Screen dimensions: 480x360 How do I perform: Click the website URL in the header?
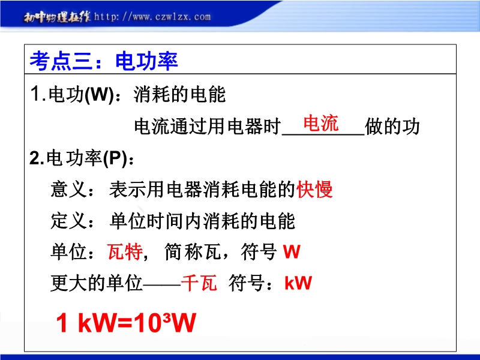pyautogui.click(x=152, y=16)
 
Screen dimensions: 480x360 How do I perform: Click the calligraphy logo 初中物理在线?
pyautogui.click(x=57, y=17)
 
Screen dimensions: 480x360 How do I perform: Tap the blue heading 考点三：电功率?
pyautogui.click(x=104, y=61)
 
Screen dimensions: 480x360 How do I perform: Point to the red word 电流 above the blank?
pyautogui.click(x=321, y=124)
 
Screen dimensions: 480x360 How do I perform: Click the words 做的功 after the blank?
pyautogui.click(x=392, y=127)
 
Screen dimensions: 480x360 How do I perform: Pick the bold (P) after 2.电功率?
pyautogui.click(x=115, y=158)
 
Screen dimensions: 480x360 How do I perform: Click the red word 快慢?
pyautogui.click(x=314, y=189)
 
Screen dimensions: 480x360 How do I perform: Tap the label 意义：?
pyautogui.click(x=72, y=189)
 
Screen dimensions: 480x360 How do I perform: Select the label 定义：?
pyautogui.click(x=72, y=221)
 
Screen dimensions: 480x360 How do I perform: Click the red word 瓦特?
pyautogui.click(x=125, y=251)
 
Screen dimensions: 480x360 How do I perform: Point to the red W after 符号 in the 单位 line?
pyautogui.click(x=292, y=251)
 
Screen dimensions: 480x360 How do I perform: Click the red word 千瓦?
pyautogui.click(x=199, y=283)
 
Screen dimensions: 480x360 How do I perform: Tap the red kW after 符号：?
pyautogui.click(x=298, y=283)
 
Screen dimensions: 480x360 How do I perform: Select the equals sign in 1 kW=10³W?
pyautogui.click(x=124, y=323)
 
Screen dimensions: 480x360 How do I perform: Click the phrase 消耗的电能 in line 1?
pyautogui.click(x=179, y=94)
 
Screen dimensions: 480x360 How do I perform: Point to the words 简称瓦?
pyautogui.click(x=193, y=251)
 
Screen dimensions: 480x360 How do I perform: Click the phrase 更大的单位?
pyautogui.click(x=97, y=283)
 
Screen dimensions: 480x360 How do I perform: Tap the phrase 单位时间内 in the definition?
pyautogui.click(x=155, y=221)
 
